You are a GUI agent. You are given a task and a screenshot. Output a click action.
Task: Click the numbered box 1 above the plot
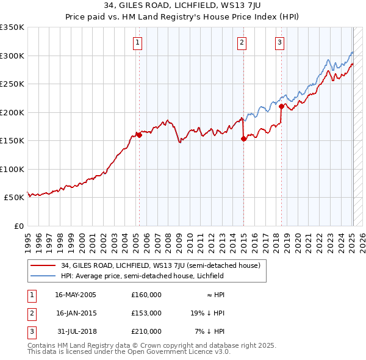point(138,43)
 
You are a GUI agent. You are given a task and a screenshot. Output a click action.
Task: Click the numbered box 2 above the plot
point(242,43)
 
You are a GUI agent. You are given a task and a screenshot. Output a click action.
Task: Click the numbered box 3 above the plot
point(279,43)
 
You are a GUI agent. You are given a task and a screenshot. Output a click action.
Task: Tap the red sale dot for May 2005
point(139,135)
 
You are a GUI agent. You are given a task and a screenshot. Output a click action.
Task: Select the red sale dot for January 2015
point(243,139)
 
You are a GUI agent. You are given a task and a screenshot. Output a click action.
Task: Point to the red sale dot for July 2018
point(281,106)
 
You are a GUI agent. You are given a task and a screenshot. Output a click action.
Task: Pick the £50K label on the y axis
point(14,198)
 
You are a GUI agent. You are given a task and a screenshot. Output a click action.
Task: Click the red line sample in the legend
point(43,265)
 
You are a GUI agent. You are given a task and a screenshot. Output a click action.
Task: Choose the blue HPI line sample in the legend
point(43,276)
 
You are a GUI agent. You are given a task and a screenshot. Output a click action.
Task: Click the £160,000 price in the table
point(146,295)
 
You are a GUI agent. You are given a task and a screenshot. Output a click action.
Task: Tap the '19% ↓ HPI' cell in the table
point(207,313)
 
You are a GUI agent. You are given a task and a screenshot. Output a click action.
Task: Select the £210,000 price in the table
point(146,331)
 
